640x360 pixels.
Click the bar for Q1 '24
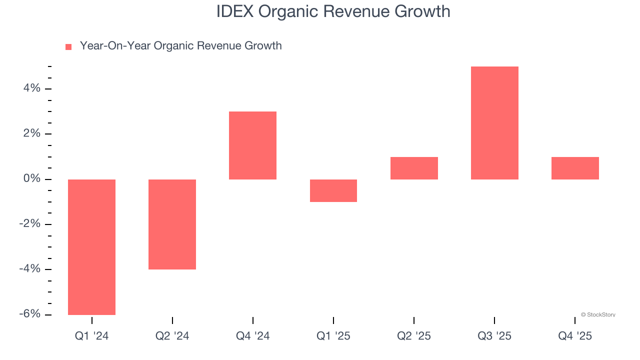[x=91, y=247]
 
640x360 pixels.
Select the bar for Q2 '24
[x=172, y=224]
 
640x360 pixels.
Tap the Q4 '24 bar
[x=252, y=145]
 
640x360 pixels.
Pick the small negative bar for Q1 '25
[x=333, y=190]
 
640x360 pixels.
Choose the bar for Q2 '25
[x=414, y=168]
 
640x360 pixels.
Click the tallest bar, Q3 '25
[x=494, y=123]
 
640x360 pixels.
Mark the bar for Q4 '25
[x=575, y=168]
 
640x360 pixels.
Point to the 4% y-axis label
[x=31, y=88]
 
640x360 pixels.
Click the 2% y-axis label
[x=31, y=133]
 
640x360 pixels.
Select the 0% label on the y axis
[x=31, y=179]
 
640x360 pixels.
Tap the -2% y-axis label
[x=29, y=224]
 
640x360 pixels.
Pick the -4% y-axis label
[x=29, y=269]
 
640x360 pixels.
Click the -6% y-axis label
[x=29, y=314]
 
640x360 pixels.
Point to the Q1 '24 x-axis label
[x=91, y=336]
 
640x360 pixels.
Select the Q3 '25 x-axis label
[x=494, y=336]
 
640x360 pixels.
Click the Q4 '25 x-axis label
[x=575, y=336]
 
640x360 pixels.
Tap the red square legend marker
[x=68, y=46]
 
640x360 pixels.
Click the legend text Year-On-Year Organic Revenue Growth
[x=180, y=46]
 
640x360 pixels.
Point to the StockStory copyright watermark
[x=598, y=315]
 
